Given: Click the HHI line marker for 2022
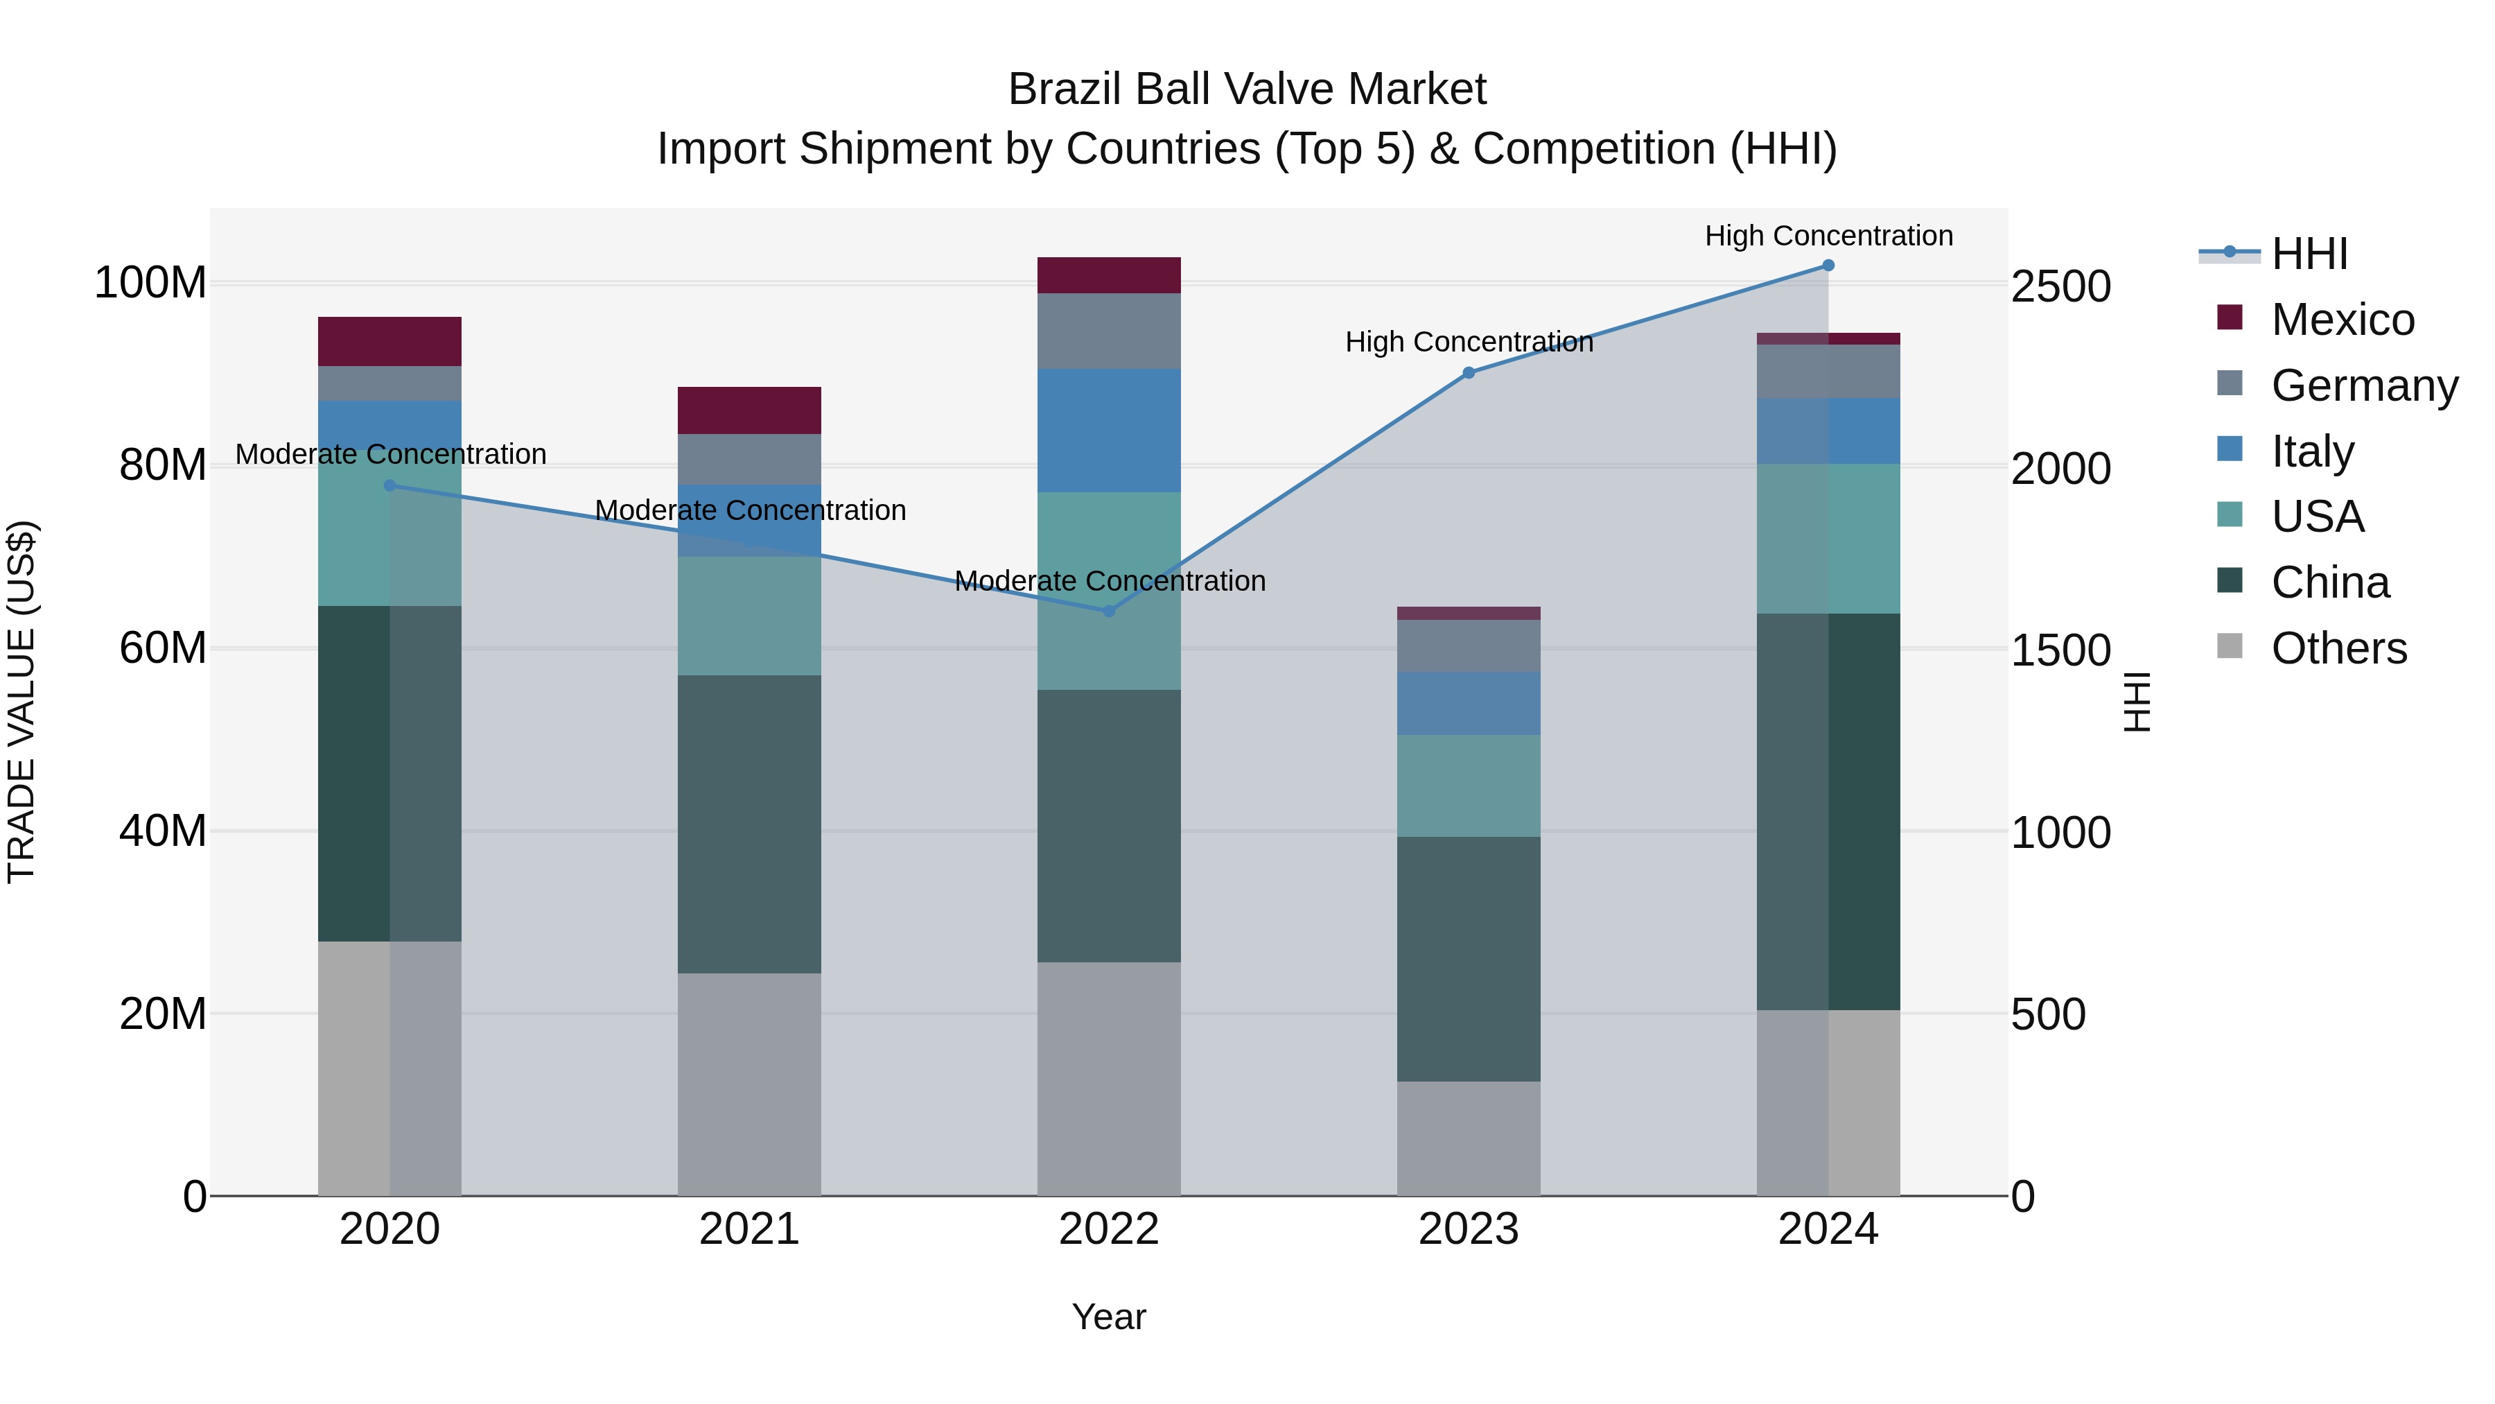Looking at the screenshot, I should pyautogui.click(x=1109, y=610).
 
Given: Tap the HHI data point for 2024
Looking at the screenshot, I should pyautogui.click(x=1828, y=266).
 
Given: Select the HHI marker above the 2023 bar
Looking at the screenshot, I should pyautogui.click(x=1469, y=373).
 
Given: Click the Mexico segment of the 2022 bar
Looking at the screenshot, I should pyautogui.click(x=1109, y=275).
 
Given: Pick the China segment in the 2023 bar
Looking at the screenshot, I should pyautogui.click(x=1469, y=960).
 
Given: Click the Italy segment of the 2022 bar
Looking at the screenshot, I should pyautogui.click(x=1109, y=430).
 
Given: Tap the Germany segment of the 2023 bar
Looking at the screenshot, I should pyautogui.click(x=1469, y=645).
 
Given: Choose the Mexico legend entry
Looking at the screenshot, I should pyautogui.click(x=2342, y=320).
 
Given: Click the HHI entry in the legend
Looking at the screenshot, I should pyautogui.click(x=2309, y=254).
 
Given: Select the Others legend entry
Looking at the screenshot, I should pyautogui.click(x=2338, y=648).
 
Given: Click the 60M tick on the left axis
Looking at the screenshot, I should pyautogui.click(x=163, y=648).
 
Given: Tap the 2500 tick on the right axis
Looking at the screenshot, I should pyautogui.click(x=2061, y=287).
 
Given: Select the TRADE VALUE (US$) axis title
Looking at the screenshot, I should pyautogui.click(x=21, y=702).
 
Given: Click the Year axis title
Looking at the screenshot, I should pyautogui.click(x=1109, y=1317).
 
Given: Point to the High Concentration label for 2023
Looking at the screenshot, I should pyautogui.click(x=1469, y=342).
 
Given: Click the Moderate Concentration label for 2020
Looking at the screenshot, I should pyautogui.click(x=390, y=454).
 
